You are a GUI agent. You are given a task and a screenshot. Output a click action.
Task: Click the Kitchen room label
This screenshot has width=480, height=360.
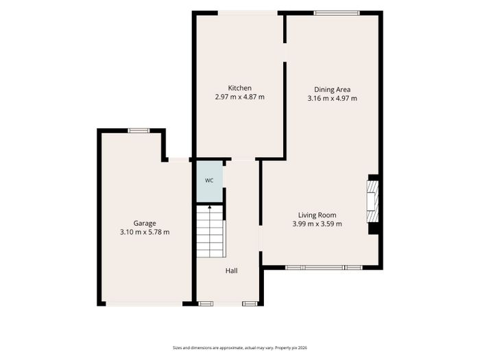tap(240, 88)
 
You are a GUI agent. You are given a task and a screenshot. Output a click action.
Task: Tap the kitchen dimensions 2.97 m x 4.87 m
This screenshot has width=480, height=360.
tap(240, 97)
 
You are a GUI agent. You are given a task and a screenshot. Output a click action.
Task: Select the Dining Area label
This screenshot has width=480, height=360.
tap(332, 90)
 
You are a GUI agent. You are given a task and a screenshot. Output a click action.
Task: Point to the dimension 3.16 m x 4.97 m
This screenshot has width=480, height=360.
tap(332, 99)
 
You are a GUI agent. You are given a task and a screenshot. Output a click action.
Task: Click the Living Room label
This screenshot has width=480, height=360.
tap(317, 215)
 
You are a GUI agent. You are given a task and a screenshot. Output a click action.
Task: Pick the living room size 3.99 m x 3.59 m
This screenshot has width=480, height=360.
tap(317, 224)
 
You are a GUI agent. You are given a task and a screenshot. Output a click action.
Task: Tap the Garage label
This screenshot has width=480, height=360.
tap(145, 224)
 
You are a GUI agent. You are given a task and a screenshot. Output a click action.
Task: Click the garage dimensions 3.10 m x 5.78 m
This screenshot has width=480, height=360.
tap(145, 232)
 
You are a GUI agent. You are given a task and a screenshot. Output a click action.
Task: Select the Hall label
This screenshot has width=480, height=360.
tap(232, 271)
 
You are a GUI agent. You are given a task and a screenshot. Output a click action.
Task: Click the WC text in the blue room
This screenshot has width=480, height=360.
tap(209, 180)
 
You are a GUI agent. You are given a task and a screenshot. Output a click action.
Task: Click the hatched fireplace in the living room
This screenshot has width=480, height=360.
tap(372, 202)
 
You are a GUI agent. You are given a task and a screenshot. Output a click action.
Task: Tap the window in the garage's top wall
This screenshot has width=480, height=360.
tap(139, 131)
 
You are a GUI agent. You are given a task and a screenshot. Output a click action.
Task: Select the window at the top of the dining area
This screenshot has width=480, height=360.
tap(337, 13)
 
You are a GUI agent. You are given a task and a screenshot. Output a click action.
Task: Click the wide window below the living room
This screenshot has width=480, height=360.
tap(324, 267)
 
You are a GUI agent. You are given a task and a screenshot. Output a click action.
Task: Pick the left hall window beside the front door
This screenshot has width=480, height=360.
tap(206, 304)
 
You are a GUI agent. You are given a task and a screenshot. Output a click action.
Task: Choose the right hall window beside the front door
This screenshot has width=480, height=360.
tap(250, 304)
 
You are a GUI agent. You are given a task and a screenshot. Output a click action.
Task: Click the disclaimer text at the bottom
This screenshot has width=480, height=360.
tap(240, 348)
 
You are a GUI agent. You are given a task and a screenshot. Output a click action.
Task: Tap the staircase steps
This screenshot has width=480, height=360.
tap(210, 232)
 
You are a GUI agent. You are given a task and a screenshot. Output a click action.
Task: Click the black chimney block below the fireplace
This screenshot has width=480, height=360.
tap(373, 228)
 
